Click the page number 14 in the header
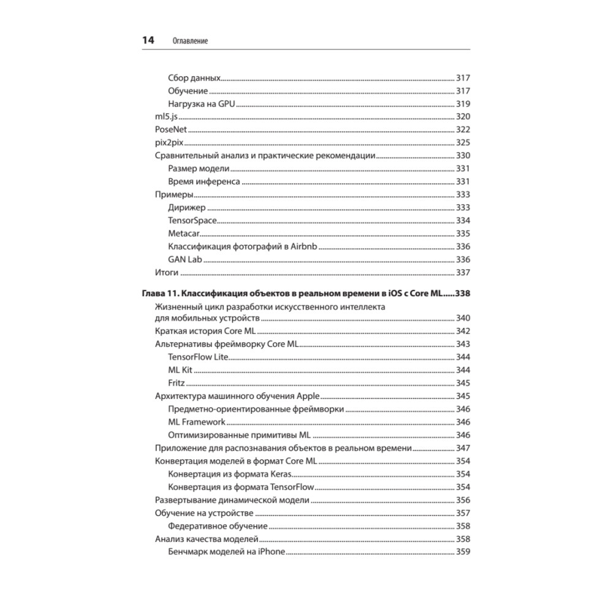pos(148,40)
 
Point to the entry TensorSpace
pos(192,220)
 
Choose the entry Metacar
pos(183,234)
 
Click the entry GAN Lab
pos(185,259)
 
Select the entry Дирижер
pos(187,207)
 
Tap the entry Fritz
pos(176,383)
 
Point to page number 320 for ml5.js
pos(463,116)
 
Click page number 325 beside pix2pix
pos(463,143)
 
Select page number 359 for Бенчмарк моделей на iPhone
pos(463,552)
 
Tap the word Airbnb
pos(303,246)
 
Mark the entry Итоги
pos(166,272)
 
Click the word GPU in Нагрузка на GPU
pos(227,104)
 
